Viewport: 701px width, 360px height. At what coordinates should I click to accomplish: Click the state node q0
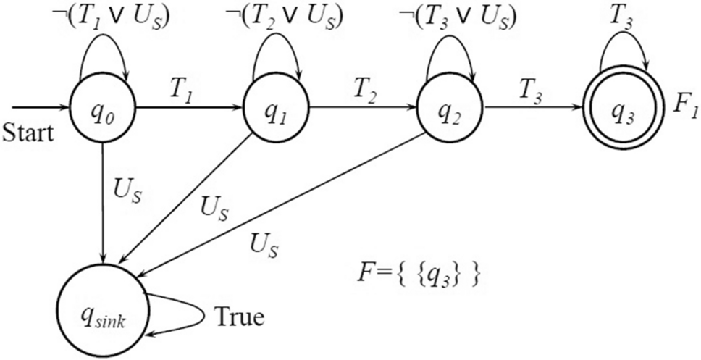104,110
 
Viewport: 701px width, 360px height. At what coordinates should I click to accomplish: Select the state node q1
275,110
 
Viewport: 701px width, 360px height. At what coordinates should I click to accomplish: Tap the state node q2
450,110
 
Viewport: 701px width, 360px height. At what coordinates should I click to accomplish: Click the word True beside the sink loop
240,317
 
